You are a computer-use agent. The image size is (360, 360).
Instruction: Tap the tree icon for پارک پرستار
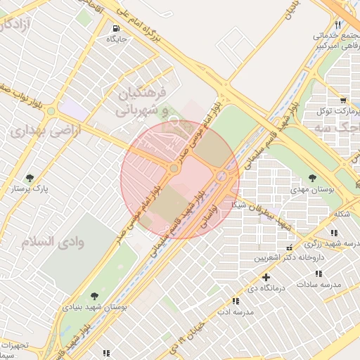30,177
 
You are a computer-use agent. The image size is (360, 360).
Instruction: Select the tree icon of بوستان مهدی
312,177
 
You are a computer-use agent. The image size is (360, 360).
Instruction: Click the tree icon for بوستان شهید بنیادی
95,295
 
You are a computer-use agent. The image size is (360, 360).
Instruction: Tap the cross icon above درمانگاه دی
266,277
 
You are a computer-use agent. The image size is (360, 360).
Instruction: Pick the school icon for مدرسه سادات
319,274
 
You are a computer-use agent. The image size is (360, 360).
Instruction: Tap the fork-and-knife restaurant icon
338,25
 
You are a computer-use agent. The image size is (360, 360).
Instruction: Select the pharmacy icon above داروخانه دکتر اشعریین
309,246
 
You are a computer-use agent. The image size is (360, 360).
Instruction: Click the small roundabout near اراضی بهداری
51,111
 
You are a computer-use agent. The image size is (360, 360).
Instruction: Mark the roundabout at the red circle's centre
174,168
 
